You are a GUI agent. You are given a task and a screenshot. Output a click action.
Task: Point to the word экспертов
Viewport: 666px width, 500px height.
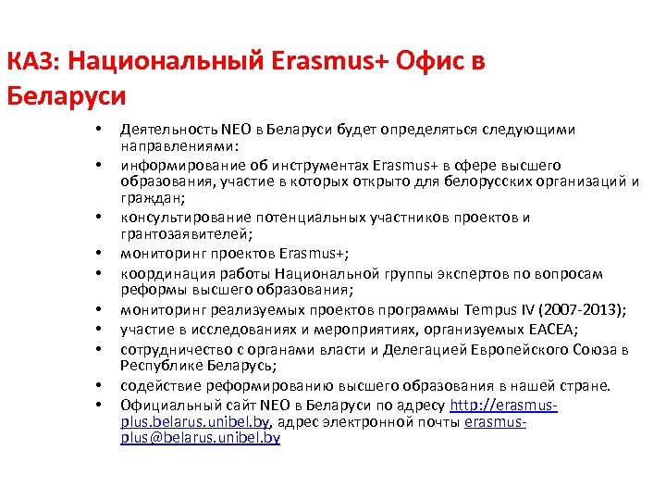[x=494, y=273]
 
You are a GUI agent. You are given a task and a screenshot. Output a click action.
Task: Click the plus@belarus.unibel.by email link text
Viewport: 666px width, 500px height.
[x=200, y=437]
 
